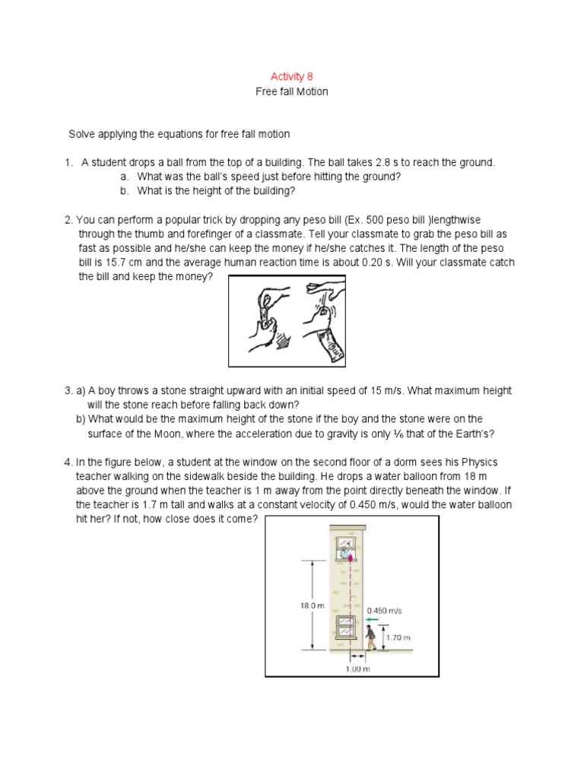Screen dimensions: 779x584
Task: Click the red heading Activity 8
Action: click(x=292, y=77)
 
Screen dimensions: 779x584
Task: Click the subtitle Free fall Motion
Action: click(x=292, y=91)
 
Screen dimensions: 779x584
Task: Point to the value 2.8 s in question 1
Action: click(x=404, y=163)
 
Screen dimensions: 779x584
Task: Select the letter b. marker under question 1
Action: click(x=125, y=191)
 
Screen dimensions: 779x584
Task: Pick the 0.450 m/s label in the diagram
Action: click(x=382, y=610)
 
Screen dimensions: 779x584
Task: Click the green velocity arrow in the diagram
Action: click(x=373, y=620)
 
